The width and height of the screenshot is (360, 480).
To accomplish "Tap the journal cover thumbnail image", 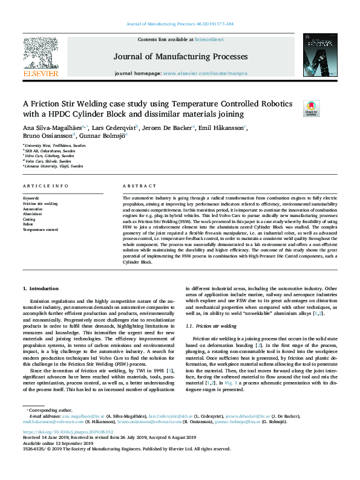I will tap(319, 56).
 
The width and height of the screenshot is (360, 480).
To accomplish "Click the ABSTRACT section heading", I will tap(134, 185).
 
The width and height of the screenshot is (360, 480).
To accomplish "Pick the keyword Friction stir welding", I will tap(41, 204).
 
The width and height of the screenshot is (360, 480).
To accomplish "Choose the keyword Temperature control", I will tap(41, 229).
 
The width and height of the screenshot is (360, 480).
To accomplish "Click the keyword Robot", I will tap(28, 224).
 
